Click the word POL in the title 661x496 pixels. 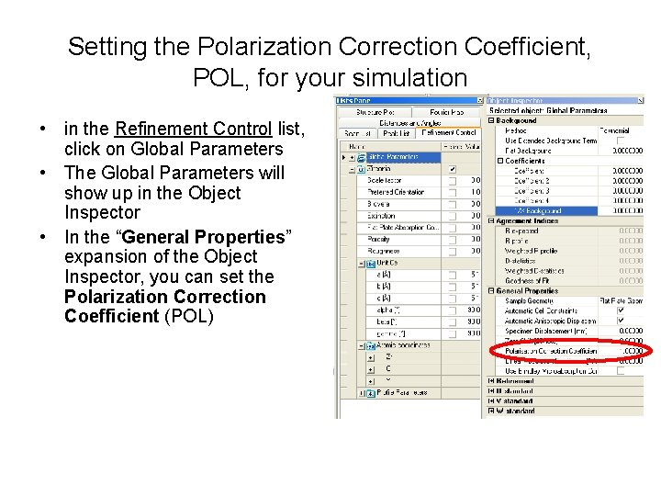point(220,77)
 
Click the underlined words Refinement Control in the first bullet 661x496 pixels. point(193,130)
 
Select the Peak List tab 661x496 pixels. point(397,133)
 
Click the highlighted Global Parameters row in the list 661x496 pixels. point(393,157)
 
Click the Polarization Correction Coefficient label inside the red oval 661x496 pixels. point(551,351)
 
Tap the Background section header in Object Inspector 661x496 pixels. point(517,120)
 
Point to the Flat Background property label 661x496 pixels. point(530,151)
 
